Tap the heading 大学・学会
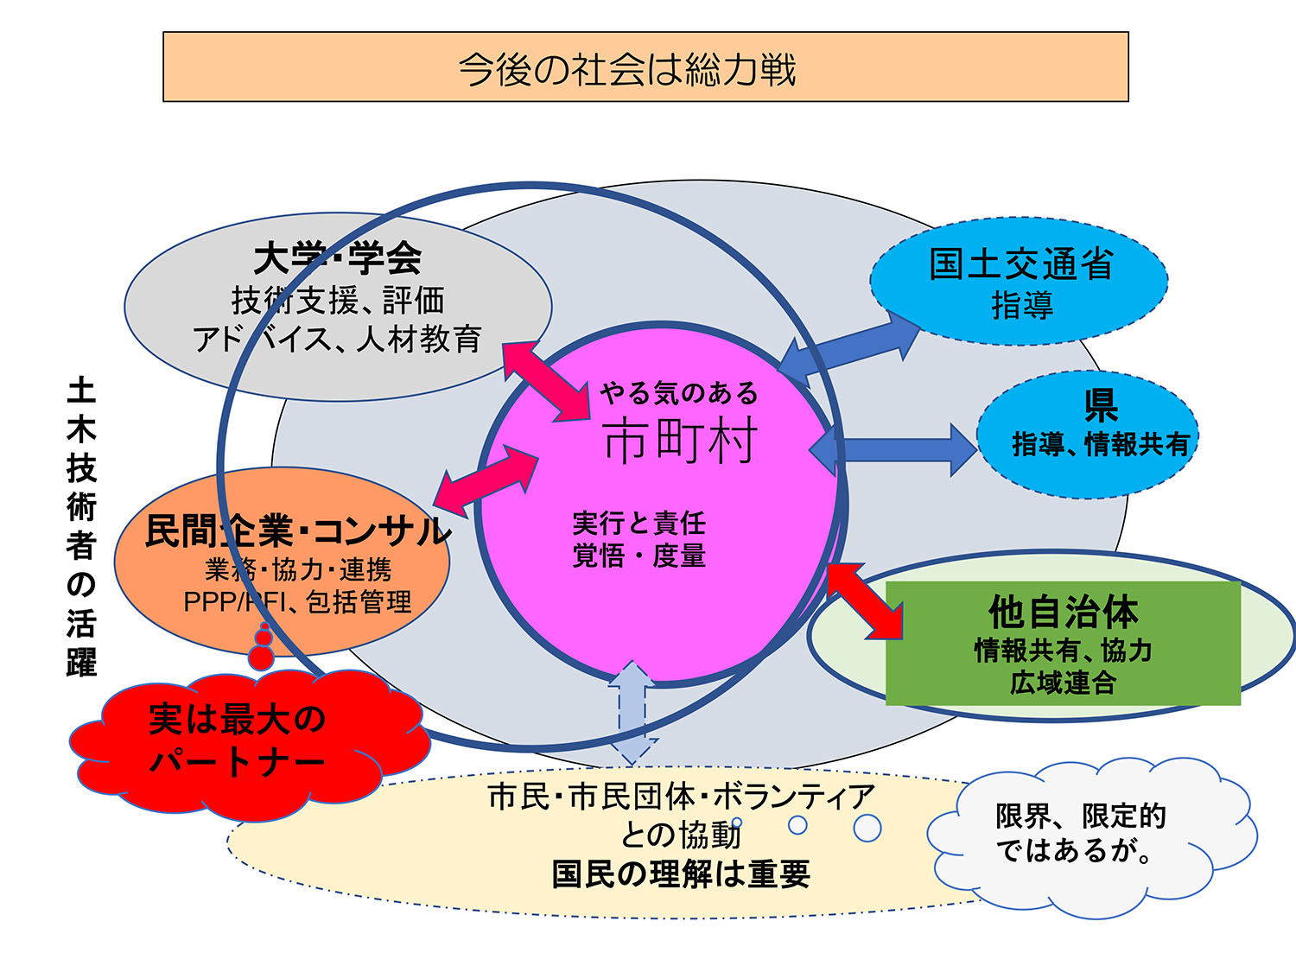pos(338,257)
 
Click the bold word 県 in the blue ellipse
pos(1101,403)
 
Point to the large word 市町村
pos(680,441)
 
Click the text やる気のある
pos(679,393)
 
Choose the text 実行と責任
pos(638,523)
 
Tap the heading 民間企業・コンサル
pos(297,531)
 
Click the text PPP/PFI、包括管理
pos(297,601)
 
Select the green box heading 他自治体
pos(1064,612)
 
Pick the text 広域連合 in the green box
pos(1064,683)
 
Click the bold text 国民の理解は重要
pos(681,874)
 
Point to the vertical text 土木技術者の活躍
pos(81,526)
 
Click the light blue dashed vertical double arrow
pos(633,711)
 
